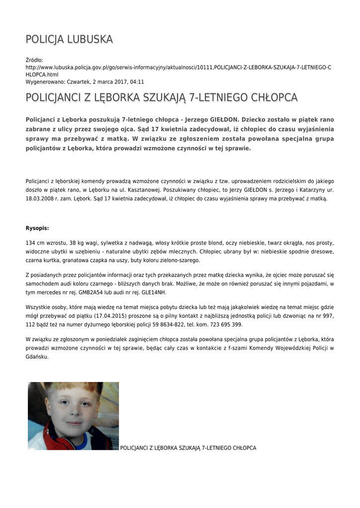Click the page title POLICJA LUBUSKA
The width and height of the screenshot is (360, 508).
pos(69,39)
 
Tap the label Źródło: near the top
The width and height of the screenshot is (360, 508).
pos(35,60)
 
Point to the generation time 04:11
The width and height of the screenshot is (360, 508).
pos(138,81)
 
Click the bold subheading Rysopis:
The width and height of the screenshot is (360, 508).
pos(37,228)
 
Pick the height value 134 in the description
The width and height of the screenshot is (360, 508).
pos(30,243)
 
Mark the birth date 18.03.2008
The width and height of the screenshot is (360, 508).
pos(38,198)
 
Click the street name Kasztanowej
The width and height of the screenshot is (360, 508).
pos(173,190)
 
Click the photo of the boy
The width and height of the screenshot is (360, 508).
pos(73,416)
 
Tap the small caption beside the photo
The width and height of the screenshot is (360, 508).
pos(188,448)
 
